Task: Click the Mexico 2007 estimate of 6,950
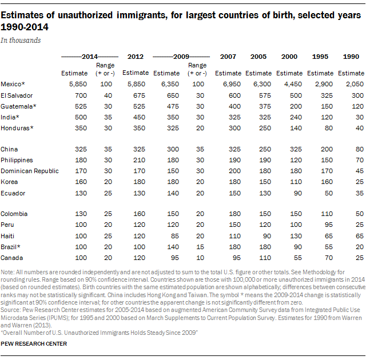(x=232, y=84)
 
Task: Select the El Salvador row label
(x=17, y=95)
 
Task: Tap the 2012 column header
(x=136, y=57)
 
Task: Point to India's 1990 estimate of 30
(x=360, y=117)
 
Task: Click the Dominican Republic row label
(x=30, y=171)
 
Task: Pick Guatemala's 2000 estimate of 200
(x=296, y=106)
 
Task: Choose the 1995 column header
(x=320, y=57)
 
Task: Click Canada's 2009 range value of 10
(x=200, y=258)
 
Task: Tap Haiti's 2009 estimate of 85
(x=174, y=236)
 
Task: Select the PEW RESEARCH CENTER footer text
(x=34, y=343)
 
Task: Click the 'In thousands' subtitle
(x=21, y=41)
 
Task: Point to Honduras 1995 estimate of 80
(x=329, y=128)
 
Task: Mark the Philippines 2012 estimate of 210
(x=139, y=160)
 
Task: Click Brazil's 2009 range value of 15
(x=200, y=247)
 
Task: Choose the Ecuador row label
(x=13, y=193)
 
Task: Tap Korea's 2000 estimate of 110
(x=296, y=182)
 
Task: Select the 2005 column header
(x=258, y=57)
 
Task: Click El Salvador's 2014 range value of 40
(x=108, y=95)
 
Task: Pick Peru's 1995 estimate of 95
(x=329, y=225)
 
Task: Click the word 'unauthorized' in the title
(x=85, y=15)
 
